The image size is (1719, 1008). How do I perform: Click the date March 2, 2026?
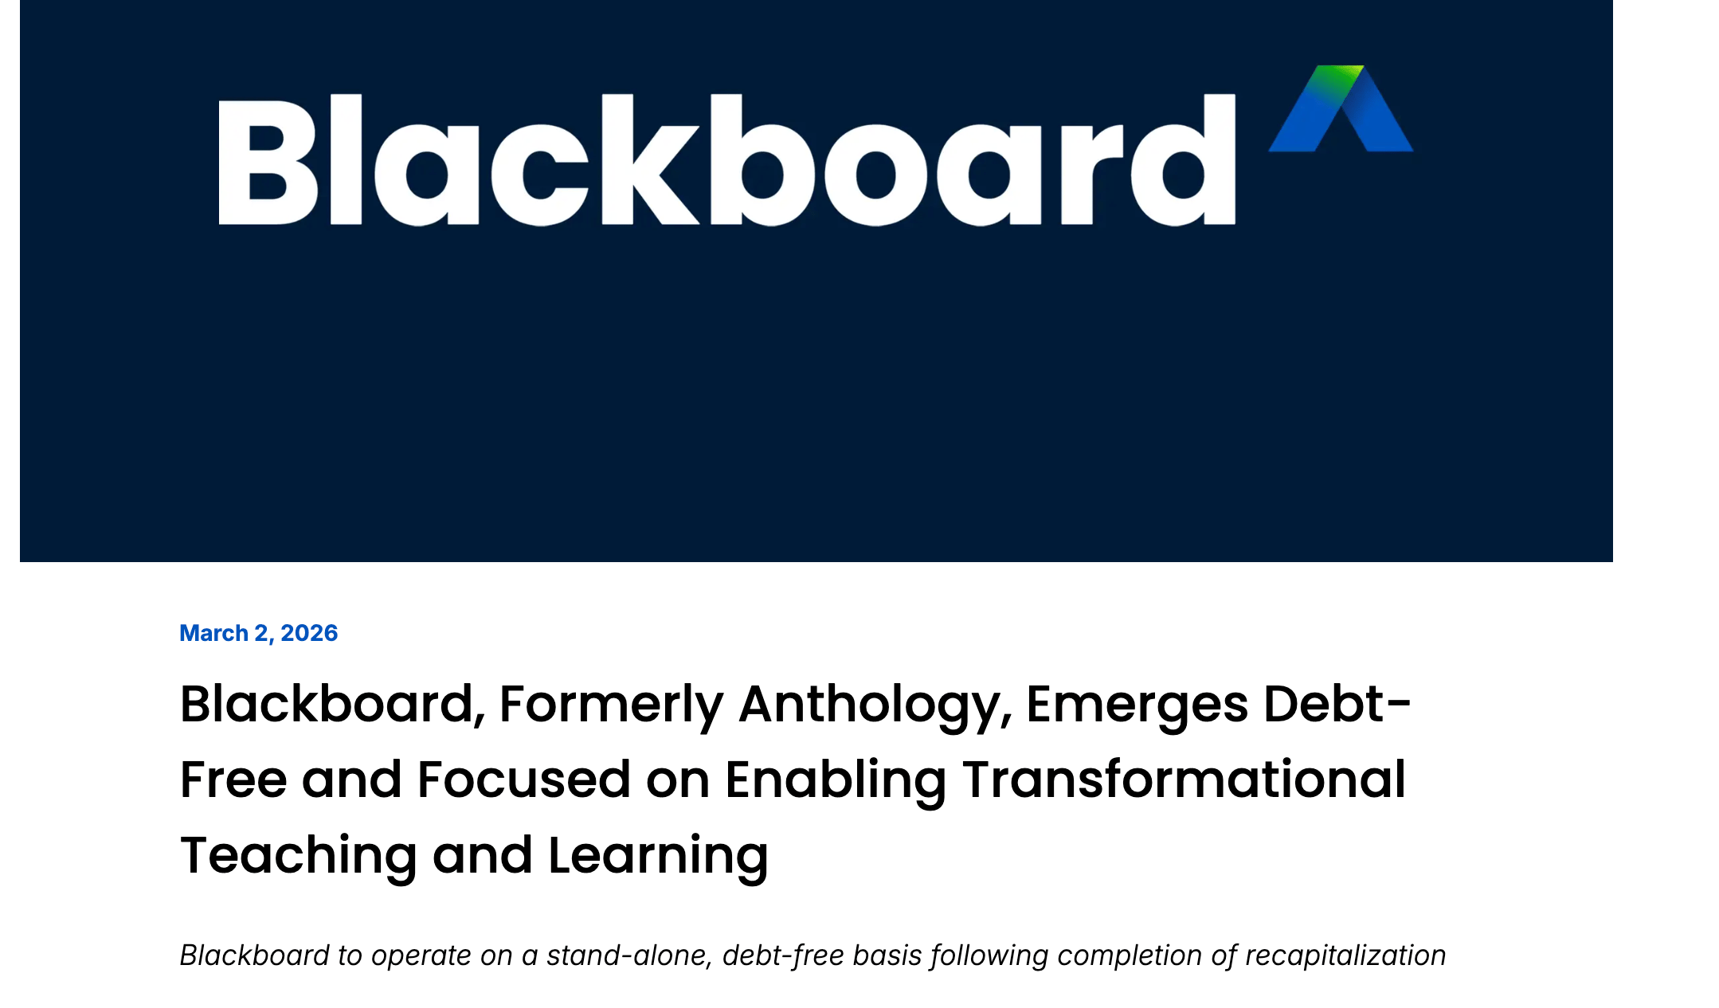[259, 633]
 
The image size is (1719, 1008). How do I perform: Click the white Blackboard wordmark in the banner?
[726, 160]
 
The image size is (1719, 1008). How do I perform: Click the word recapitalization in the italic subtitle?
[1345, 955]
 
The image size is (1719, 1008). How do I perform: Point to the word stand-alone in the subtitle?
[628, 955]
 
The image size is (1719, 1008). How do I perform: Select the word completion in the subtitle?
[1126, 955]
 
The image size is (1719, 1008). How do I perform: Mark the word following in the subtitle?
[989, 955]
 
